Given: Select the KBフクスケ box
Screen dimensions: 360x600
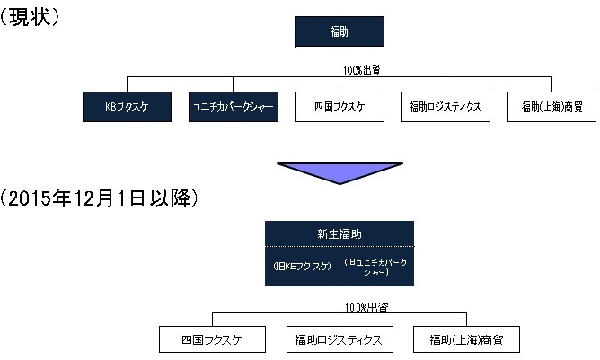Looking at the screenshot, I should click(x=126, y=106).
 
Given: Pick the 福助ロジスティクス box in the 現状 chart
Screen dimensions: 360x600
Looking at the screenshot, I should click(x=445, y=106).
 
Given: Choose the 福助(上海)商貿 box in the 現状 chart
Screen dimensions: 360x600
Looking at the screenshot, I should click(x=551, y=106).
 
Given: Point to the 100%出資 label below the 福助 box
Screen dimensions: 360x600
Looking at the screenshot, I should click(x=366, y=69).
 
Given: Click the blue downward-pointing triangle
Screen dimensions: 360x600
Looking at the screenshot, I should click(x=339, y=171).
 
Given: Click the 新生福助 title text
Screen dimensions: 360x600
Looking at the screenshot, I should click(x=339, y=233).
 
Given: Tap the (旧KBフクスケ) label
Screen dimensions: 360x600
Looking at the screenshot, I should click(x=302, y=267).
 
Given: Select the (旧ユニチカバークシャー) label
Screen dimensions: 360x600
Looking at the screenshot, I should click(x=376, y=267).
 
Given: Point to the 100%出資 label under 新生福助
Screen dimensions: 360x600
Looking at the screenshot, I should click(x=366, y=307).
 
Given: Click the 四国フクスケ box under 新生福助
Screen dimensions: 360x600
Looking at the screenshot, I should click(x=212, y=339).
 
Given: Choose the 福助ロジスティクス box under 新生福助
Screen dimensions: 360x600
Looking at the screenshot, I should click(x=339, y=339).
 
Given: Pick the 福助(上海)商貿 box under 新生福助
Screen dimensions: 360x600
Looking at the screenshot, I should click(x=466, y=339).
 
